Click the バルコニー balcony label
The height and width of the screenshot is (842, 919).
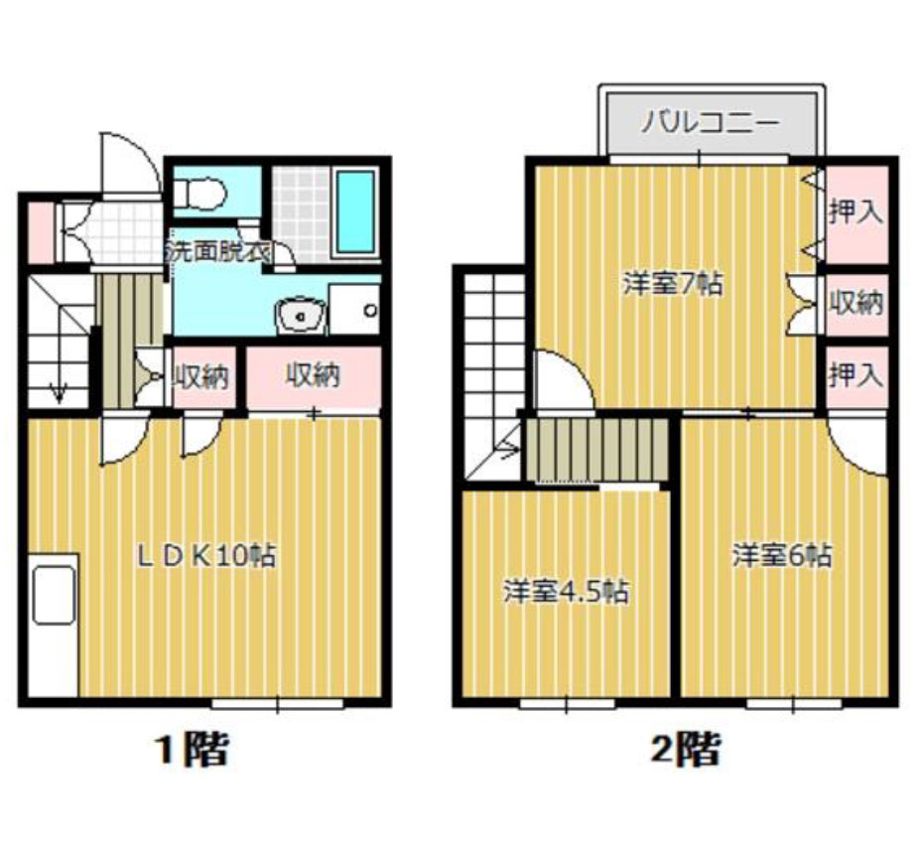[x=710, y=123]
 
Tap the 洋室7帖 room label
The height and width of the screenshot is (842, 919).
[x=672, y=284]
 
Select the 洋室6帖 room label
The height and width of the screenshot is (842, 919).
[x=782, y=555]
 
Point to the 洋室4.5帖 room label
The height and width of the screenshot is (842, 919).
[x=567, y=592]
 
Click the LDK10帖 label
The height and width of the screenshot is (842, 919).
[x=206, y=555]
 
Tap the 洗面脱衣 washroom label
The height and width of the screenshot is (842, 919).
[x=217, y=251]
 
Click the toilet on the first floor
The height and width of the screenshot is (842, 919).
[x=199, y=194]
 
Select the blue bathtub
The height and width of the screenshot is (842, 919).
[x=355, y=211]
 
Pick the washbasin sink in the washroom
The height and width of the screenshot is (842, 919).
[x=301, y=316]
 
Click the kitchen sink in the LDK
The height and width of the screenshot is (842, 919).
[x=54, y=595]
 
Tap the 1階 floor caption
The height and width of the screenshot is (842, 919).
[x=192, y=750]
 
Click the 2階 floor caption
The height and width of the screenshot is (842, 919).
[x=686, y=750]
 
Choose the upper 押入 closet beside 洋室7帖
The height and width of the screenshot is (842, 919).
[x=856, y=214]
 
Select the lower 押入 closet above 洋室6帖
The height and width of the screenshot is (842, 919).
[x=856, y=376]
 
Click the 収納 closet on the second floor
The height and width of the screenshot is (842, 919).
[x=856, y=304]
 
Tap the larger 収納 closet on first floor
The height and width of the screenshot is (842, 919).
[x=314, y=376]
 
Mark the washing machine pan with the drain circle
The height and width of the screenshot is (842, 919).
[x=354, y=309]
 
